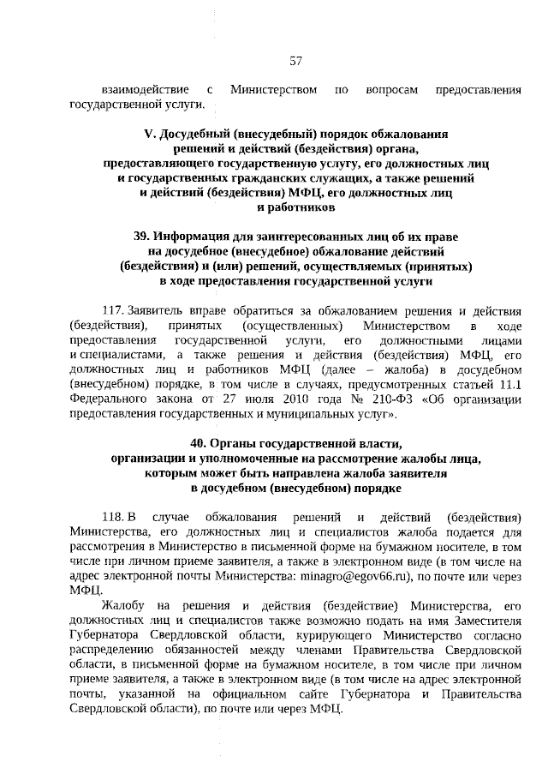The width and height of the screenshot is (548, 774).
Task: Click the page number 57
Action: pos(296,61)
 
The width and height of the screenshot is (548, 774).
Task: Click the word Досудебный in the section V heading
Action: pos(196,135)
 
